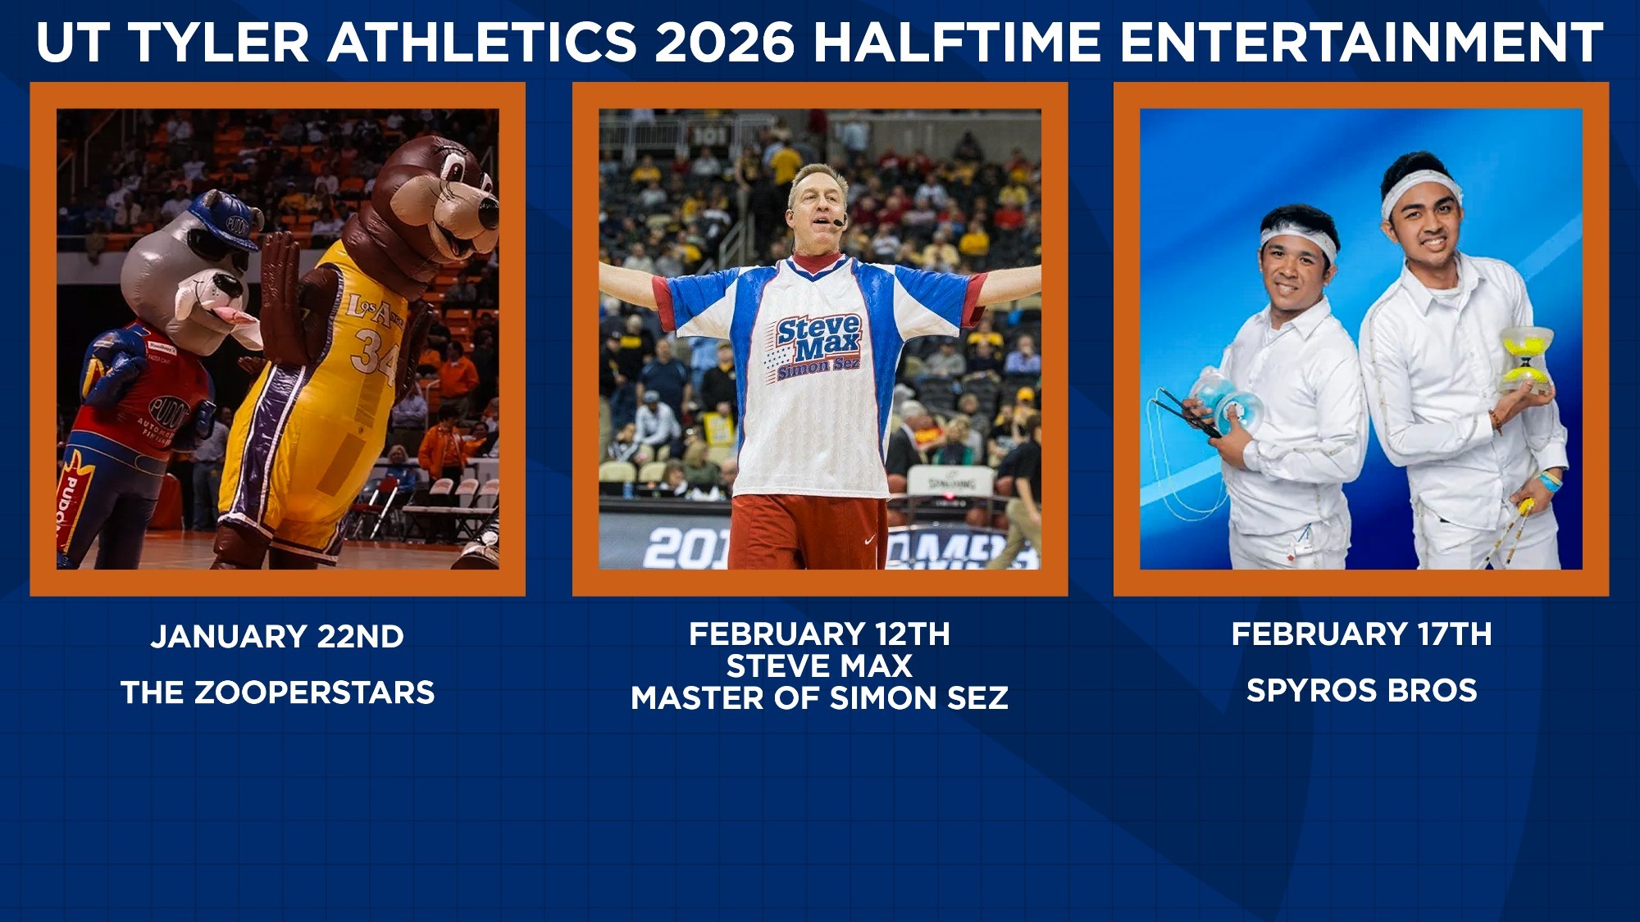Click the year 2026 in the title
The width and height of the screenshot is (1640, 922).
[x=724, y=43]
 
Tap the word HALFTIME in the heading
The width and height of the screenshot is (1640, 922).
[x=956, y=43]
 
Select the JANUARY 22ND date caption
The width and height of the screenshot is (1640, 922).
[x=277, y=637]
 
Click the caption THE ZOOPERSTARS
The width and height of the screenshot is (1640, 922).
[x=277, y=693]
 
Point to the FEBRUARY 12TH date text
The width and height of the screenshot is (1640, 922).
[x=819, y=634]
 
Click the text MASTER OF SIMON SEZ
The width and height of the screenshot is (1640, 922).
[x=819, y=698]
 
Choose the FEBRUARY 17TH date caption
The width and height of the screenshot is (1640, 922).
[x=1361, y=634]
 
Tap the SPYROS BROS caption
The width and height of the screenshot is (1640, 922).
[x=1361, y=690]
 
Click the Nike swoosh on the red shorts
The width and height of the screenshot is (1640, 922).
[x=869, y=540]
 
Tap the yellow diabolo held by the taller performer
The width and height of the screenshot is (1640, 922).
[x=1526, y=357]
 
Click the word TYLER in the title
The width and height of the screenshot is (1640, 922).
[x=220, y=43]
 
